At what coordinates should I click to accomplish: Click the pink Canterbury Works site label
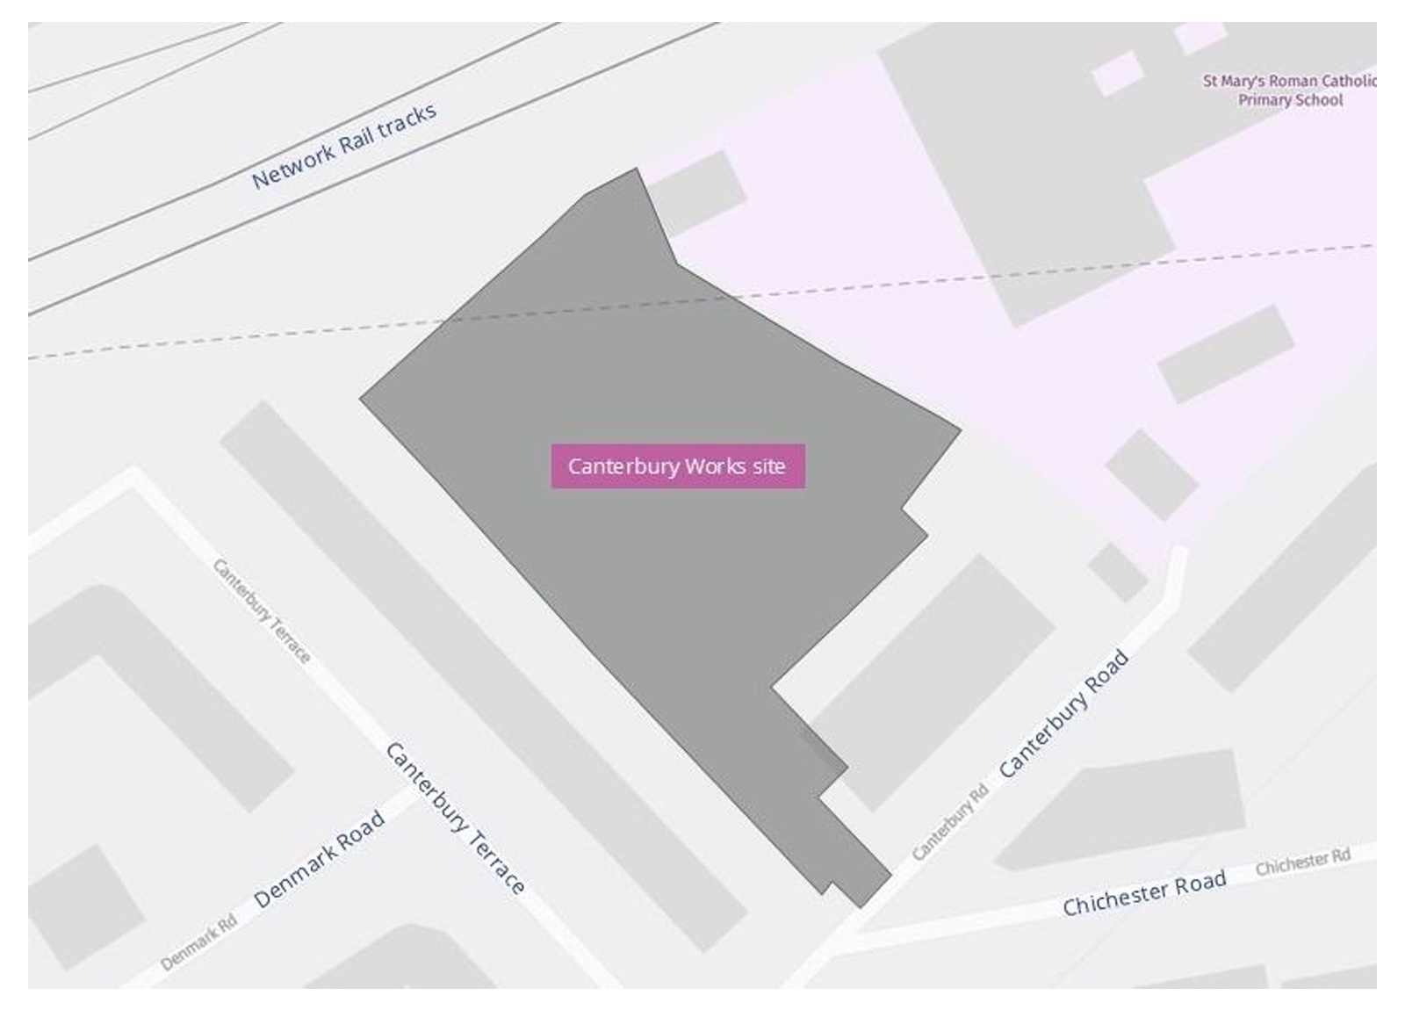[x=677, y=466]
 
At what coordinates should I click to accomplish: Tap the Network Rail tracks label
[x=343, y=147]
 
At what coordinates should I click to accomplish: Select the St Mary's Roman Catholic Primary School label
[x=1289, y=90]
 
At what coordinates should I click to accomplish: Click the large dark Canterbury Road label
[x=1063, y=713]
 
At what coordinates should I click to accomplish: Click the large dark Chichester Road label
[x=1143, y=893]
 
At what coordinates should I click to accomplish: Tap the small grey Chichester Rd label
[x=1302, y=862]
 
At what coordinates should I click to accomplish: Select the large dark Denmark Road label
[x=319, y=859]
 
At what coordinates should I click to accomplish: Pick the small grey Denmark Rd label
[x=198, y=943]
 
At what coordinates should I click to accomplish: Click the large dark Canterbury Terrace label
[x=455, y=818]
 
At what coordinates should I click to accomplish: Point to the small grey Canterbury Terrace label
[x=262, y=611]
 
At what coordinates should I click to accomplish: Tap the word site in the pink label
[x=768, y=466]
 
